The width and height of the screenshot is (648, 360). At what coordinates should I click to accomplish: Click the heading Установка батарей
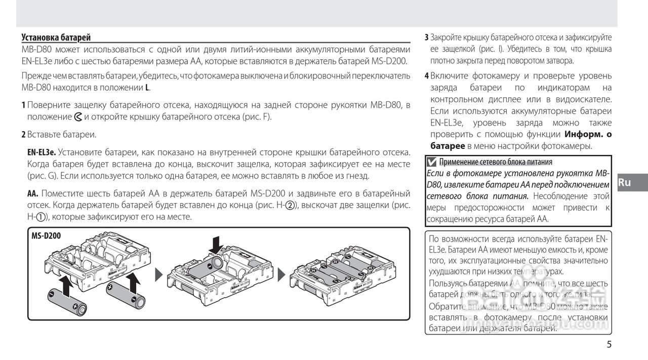coord(56,37)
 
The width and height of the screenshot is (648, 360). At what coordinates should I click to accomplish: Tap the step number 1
coord(23,105)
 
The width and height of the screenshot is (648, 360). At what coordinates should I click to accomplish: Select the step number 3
coord(426,37)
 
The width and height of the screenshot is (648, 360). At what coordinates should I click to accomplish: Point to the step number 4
coord(427,76)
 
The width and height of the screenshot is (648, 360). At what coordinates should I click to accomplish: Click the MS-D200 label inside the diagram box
coord(46,235)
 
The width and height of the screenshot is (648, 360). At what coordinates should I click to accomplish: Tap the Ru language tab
coord(625,182)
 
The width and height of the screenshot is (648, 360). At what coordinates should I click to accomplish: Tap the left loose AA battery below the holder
coord(67,302)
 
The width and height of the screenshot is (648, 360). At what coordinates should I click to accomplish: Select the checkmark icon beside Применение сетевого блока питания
coord(431,163)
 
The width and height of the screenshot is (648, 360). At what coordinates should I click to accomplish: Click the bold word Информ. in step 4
coord(583,135)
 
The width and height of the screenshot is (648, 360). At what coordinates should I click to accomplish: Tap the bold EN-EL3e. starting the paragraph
coord(41,152)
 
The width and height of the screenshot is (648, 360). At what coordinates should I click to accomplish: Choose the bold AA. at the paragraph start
coord(33,193)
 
